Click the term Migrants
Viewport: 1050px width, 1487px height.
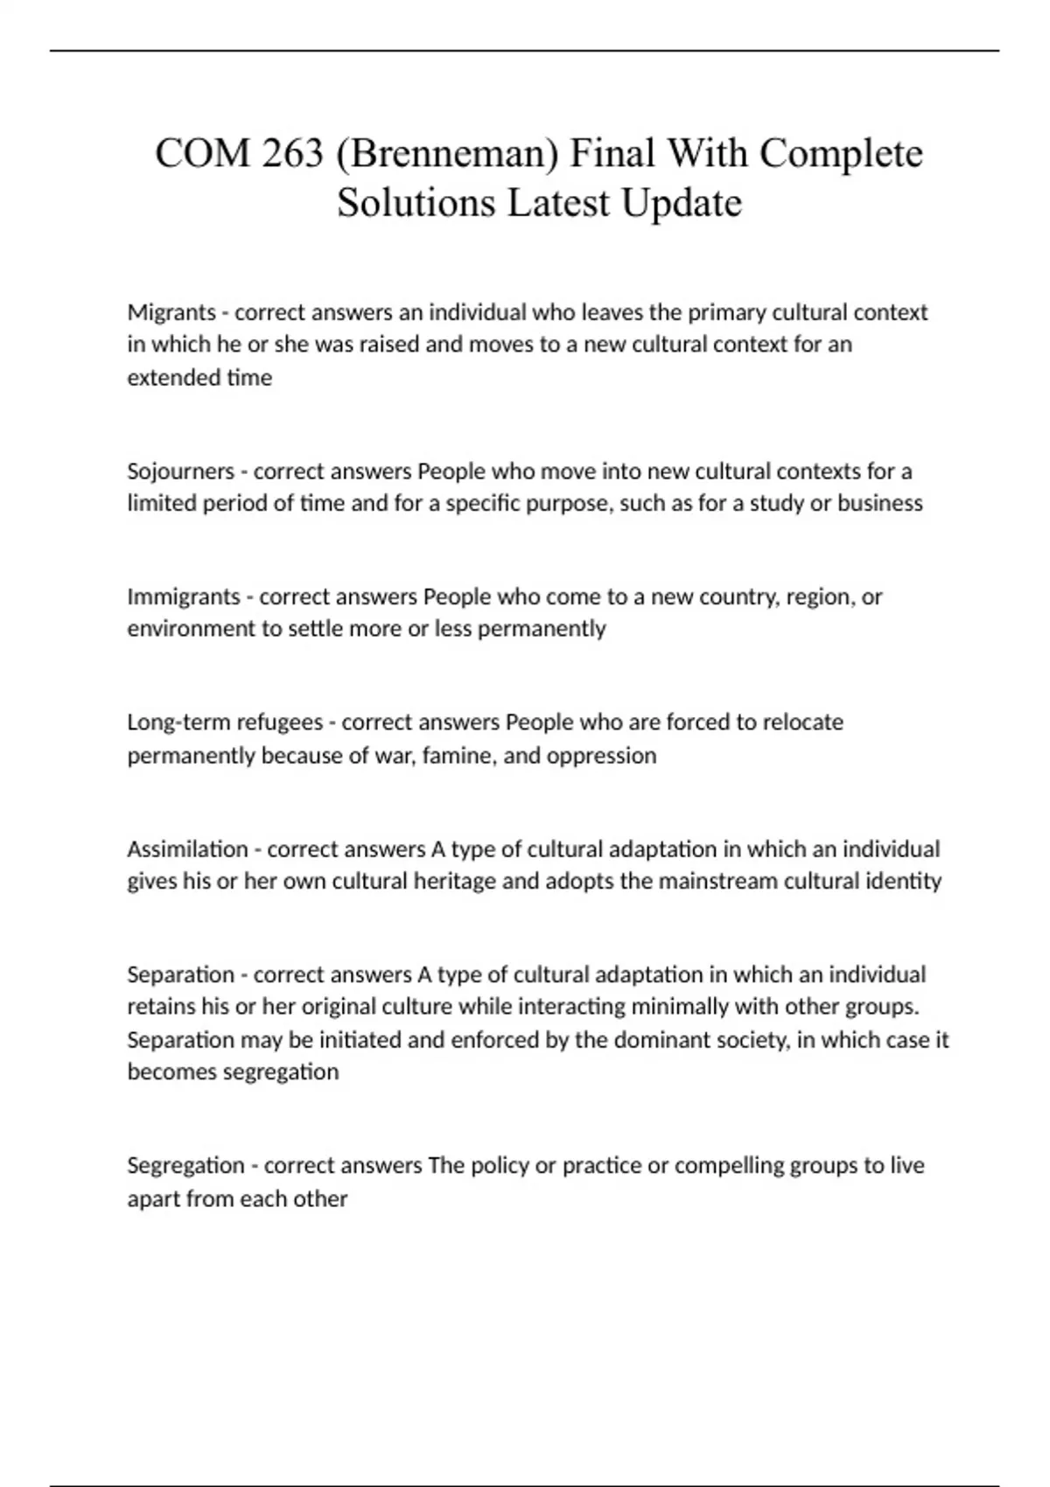click(171, 312)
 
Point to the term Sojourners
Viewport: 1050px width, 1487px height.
click(180, 471)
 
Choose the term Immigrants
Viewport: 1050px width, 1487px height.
click(184, 597)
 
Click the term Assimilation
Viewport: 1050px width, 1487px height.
click(187, 849)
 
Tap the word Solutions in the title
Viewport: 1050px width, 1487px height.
click(416, 203)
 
